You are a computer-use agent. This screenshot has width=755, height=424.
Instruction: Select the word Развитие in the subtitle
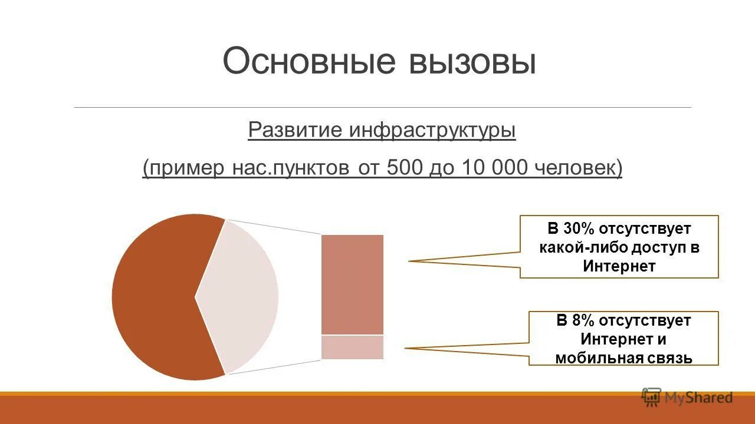[x=294, y=130]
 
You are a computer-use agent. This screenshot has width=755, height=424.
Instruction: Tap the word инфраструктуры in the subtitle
[x=432, y=130]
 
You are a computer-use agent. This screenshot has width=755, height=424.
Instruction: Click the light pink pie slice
[x=242, y=297]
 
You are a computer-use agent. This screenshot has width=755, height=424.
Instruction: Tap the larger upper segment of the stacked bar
[x=352, y=284]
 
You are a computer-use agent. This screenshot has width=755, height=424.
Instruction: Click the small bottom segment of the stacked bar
[x=352, y=347]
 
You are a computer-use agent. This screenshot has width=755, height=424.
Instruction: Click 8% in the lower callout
[x=584, y=321]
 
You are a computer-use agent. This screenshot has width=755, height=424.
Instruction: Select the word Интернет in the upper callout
[x=619, y=266]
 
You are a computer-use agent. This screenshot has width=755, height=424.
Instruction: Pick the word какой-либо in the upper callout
[x=575, y=247]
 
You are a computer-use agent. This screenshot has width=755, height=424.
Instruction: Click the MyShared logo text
[x=698, y=397]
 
